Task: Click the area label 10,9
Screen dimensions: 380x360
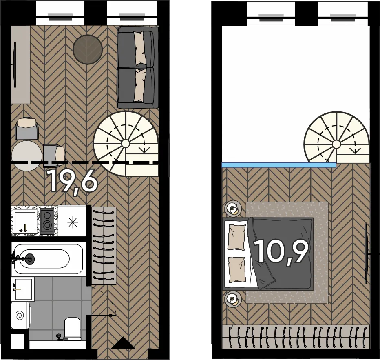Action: click(x=282, y=252)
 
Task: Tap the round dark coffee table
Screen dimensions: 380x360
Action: click(x=88, y=49)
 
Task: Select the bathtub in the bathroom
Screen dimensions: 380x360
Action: click(x=48, y=259)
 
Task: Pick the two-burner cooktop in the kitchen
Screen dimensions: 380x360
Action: click(x=47, y=221)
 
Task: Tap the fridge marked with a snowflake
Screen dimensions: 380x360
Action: click(x=73, y=221)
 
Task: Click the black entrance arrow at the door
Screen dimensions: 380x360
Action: click(x=124, y=343)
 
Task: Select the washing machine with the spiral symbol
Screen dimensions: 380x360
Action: click(x=21, y=315)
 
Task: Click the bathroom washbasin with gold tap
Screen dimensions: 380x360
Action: click(x=23, y=289)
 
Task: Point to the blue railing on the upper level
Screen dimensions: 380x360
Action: click(x=279, y=165)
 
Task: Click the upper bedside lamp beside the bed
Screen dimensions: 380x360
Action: click(x=233, y=209)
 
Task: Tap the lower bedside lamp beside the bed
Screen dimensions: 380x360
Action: click(x=233, y=299)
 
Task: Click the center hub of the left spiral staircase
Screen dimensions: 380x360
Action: click(x=125, y=144)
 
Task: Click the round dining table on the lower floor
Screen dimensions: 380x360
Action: click(x=27, y=156)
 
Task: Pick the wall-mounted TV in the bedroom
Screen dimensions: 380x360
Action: click(x=367, y=254)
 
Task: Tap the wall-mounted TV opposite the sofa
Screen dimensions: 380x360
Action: click(x=15, y=64)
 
